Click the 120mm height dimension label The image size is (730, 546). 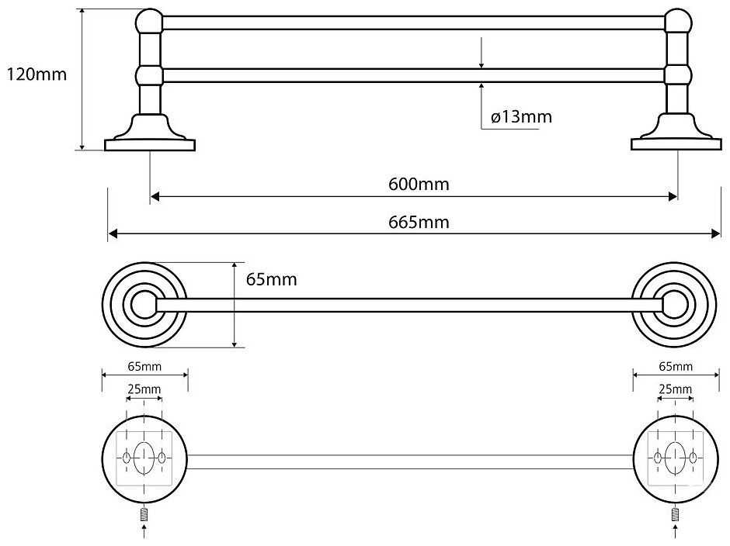click(36, 74)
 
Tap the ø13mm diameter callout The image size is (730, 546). click(521, 117)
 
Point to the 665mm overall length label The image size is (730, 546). click(419, 222)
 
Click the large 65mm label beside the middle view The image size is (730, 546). click(271, 279)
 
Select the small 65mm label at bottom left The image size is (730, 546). click(144, 366)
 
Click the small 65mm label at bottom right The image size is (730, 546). click(675, 366)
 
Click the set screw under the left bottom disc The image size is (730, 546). click(144, 512)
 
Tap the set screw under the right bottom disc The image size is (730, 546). click(675, 512)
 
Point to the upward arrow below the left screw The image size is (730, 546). click(144, 531)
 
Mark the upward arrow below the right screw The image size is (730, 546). click(675, 531)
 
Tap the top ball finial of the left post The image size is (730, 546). click(148, 21)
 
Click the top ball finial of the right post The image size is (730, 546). click(678, 21)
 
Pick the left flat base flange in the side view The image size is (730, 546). click(149, 143)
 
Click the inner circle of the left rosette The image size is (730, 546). click(143, 306)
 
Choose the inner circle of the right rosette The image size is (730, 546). click(673, 306)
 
